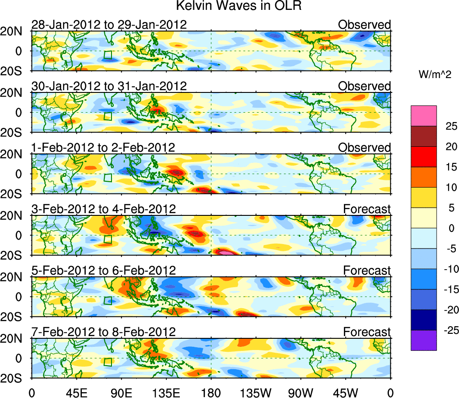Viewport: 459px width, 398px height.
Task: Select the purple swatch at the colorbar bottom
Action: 423,340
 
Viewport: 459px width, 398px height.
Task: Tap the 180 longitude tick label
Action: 211,393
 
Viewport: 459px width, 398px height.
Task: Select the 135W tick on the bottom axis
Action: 255,393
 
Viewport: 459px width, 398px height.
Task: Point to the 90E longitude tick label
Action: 121,393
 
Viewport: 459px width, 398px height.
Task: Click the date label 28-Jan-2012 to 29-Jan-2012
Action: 109,25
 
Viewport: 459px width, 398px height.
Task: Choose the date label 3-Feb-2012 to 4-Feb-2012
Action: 103,209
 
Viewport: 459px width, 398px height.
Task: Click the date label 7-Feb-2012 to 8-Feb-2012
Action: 103,332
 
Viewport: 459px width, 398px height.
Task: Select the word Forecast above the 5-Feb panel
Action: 367,271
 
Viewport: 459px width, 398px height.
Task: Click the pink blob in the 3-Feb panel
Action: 227,253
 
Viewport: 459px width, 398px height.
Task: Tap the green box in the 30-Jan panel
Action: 107,116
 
